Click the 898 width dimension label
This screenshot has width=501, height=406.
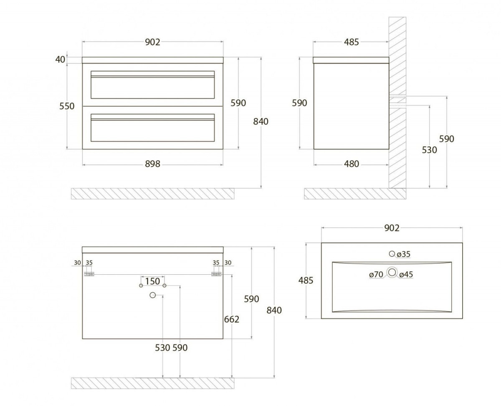click(153, 164)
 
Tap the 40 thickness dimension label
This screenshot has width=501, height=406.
click(60, 60)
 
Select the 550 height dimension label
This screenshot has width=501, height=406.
click(66, 106)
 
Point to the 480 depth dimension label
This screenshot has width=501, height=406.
click(352, 164)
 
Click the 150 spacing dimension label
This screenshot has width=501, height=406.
click(152, 281)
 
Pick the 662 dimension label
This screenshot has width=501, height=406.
click(232, 319)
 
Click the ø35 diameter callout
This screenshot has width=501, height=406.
click(404, 254)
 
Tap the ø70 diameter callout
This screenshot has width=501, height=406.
click(377, 275)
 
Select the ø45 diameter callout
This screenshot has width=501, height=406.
click(406, 275)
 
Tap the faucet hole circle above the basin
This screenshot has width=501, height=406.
click(392, 253)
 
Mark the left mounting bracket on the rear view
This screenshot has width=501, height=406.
click(89, 274)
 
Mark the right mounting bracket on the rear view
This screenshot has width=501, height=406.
click(216, 274)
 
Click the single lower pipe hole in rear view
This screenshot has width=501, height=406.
click(152, 296)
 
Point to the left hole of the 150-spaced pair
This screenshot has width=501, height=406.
click(141, 286)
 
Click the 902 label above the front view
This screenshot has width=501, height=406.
click(153, 42)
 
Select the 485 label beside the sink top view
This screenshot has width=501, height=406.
click(306, 281)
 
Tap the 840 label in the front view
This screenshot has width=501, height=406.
click(261, 122)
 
